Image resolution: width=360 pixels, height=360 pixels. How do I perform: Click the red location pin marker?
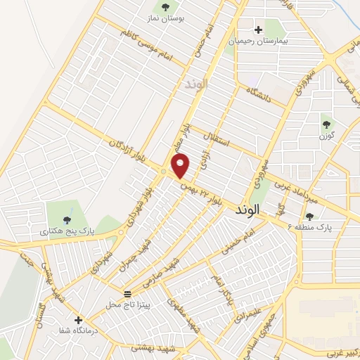click(181, 166)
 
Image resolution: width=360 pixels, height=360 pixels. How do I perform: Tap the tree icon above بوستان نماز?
click(165, 8)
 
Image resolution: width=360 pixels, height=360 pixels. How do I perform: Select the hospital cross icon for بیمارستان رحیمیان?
click(258, 30)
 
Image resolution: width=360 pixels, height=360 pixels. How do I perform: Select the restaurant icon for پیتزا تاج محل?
click(127, 293)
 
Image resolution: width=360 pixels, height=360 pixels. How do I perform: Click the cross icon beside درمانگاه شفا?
click(79, 319)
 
